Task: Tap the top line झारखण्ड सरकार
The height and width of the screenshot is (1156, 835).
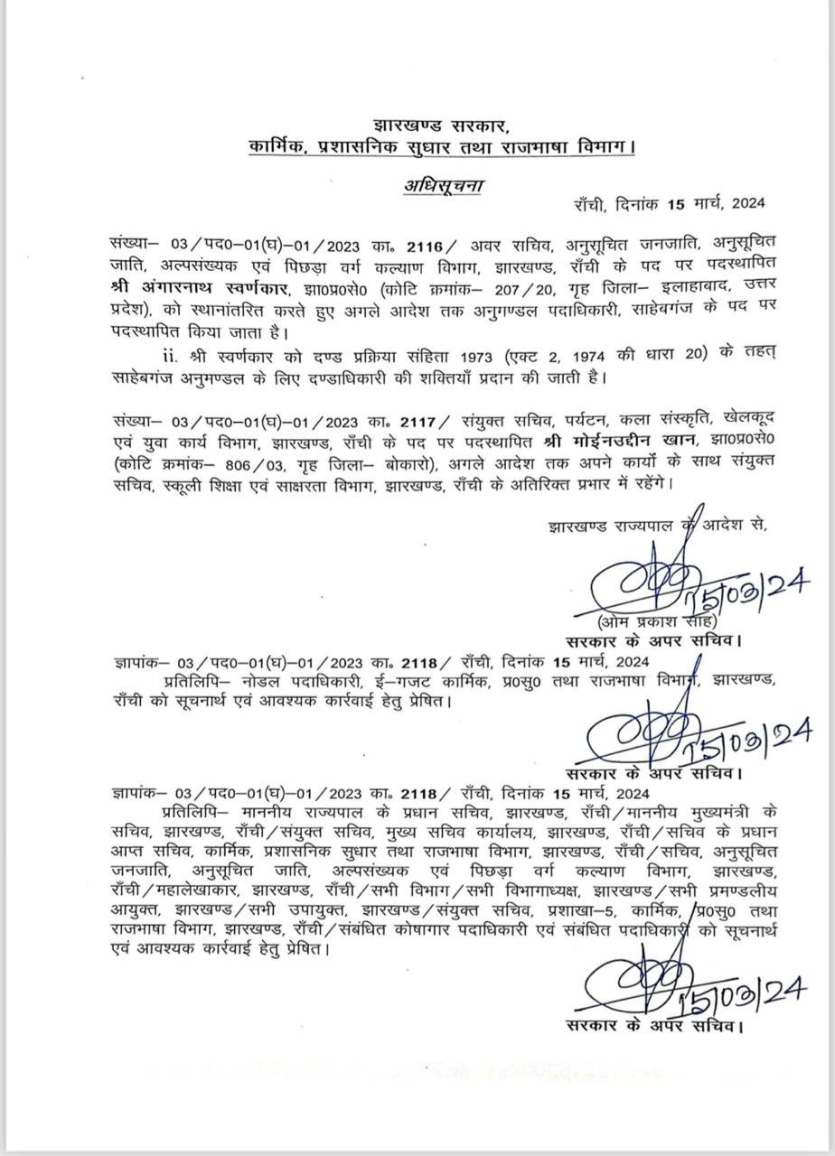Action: pyautogui.click(x=444, y=125)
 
